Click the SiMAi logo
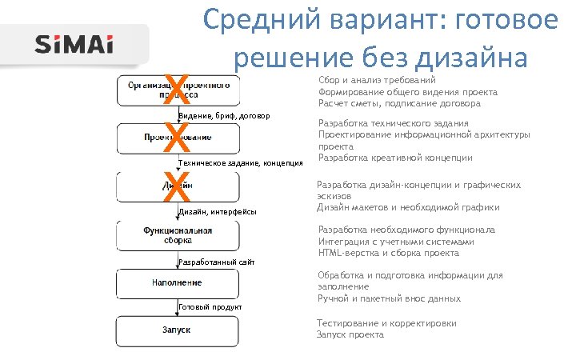coord(74,45)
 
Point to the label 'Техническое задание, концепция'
coord(240,164)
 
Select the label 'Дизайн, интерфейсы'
coord(218,212)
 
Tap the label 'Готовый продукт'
coord(210,308)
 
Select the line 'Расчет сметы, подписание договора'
coord(399,103)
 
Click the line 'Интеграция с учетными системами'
coord(397,241)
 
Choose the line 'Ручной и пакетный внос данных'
coord(389,298)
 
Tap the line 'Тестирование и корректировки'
coord(386,323)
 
